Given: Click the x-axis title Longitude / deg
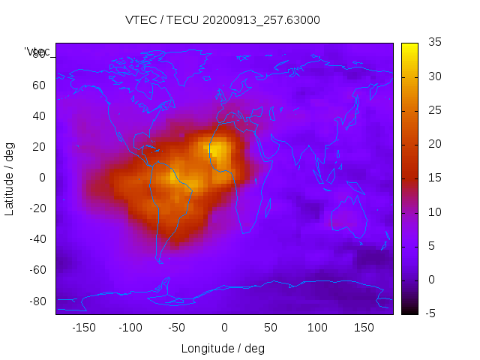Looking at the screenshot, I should pyautogui.click(x=223, y=349).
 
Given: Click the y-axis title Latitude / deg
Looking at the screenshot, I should pyautogui.click(x=10, y=178).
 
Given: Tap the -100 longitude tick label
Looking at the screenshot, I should pyautogui.click(x=130, y=328).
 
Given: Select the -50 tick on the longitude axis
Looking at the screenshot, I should pyautogui.click(x=177, y=328).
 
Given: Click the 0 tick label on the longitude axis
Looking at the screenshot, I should pyautogui.click(x=224, y=328).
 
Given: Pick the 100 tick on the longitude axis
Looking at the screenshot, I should pyautogui.click(x=317, y=328).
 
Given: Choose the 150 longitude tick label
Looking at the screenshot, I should pyautogui.click(x=364, y=328).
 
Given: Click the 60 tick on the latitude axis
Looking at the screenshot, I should pyautogui.click(x=38, y=85).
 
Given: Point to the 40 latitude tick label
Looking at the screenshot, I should pyautogui.click(x=38, y=116).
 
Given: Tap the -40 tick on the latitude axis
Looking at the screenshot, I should pyautogui.click(x=36, y=239).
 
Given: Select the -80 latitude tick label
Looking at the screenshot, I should pyautogui.click(x=36, y=301).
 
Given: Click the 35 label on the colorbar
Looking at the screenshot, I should pyautogui.click(x=433, y=43).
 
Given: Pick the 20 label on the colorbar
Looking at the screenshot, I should pyautogui.click(x=433, y=144).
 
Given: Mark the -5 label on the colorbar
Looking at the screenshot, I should pyautogui.click(x=431, y=313).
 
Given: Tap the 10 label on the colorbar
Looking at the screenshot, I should pyautogui.click(x=433, y=212).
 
